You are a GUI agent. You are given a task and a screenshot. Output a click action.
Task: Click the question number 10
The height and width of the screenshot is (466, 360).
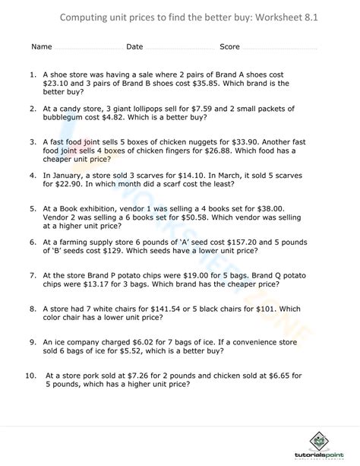[30, 375]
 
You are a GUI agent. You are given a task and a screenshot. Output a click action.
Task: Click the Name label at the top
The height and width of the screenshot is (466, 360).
[41, 46]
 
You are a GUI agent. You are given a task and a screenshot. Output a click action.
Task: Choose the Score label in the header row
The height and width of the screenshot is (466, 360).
[229, 46]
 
